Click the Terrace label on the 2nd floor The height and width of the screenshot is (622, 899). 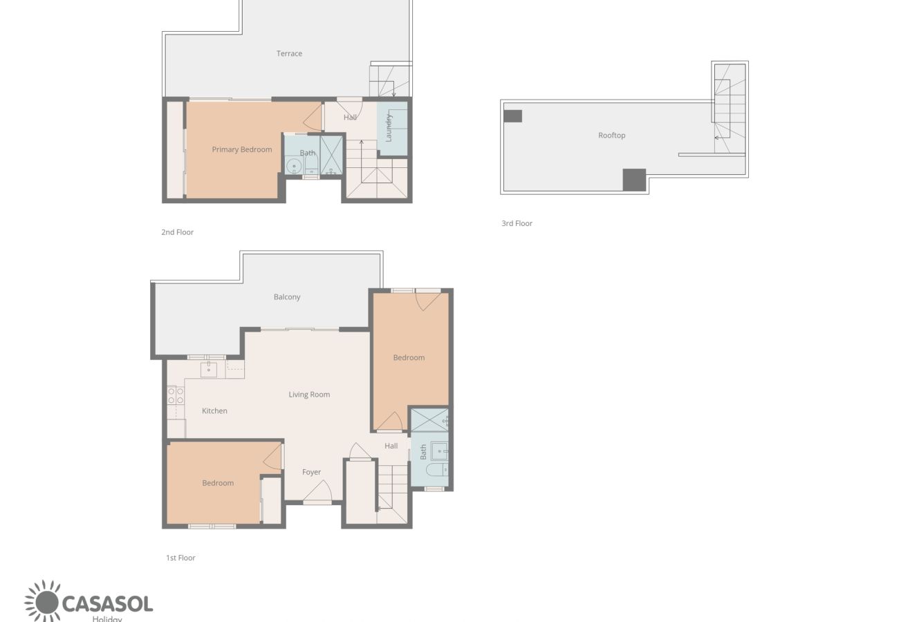coord(289,53)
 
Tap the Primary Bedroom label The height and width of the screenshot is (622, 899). coord(241,149)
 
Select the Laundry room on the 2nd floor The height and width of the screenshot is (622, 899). coord(391,129)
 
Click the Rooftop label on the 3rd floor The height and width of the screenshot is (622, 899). coord(611,135)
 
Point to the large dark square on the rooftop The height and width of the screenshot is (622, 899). coord(634,180)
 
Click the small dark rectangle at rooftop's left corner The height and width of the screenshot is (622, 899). coord(512,116)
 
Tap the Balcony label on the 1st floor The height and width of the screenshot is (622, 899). coord(287,297)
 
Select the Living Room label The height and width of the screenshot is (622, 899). coord(309,395)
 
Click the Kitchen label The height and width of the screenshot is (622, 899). coord(214,411)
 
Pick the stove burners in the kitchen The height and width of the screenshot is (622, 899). coord(176,395)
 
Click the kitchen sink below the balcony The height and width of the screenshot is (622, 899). coord(209,370)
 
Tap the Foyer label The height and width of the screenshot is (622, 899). coord(311,472)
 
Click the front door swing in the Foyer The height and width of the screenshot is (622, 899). coord(317,491)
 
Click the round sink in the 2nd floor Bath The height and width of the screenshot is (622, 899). coord(294,166)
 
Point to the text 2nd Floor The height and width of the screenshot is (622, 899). coord(177,232)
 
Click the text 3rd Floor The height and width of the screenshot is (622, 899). coord(517,223)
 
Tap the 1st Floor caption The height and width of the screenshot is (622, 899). coord(180,558)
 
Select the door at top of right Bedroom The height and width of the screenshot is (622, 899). coord(427,299)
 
